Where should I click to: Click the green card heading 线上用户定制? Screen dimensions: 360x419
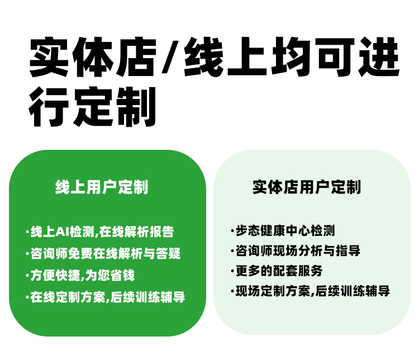tap(102, 187)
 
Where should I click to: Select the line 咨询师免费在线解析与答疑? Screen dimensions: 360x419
tap(105, 253)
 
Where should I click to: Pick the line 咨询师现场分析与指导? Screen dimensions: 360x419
tap(297, 250)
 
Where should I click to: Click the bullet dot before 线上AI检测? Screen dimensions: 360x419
tap(27, 231)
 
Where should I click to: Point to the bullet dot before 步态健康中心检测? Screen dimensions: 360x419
tap(232, 230)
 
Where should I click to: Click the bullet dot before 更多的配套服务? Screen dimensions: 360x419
tap(232, 271)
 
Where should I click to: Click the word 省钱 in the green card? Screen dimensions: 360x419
tap(123, 275)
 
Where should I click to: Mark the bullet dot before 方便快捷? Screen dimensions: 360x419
tap(27, 275)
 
